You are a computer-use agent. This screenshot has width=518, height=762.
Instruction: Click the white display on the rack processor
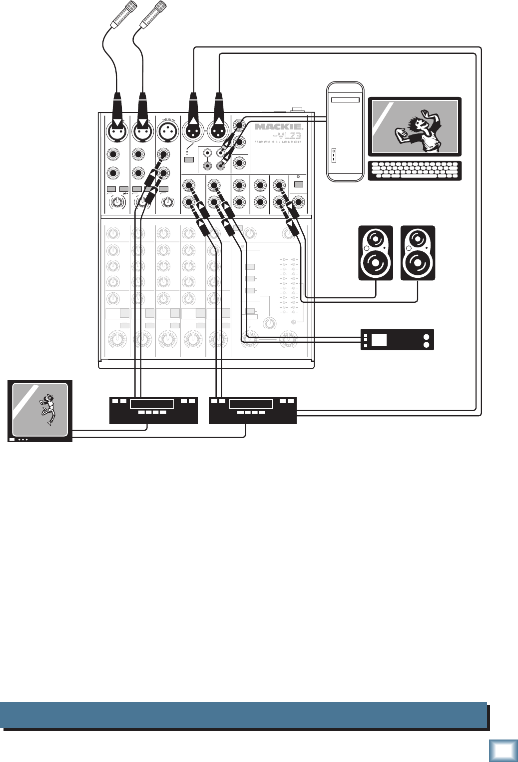click(x=379, y=340)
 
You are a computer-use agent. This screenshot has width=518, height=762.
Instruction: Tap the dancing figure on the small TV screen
click(x=48, y=409)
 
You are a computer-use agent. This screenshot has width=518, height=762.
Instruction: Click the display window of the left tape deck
click(x=151, y=404)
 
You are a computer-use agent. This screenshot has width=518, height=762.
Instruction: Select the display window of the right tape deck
click(x=251, y=404)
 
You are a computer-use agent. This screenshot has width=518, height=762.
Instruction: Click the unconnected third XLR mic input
click(x=168, y=131)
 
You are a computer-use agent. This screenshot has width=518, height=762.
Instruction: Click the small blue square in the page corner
click(x=504, y=751)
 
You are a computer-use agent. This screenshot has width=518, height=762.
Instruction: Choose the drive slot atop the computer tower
click(x=345, y=100)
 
